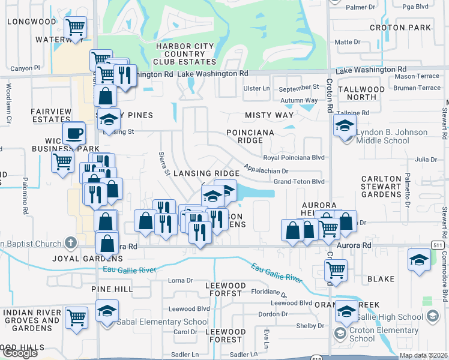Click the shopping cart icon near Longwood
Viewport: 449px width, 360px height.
(75, 27)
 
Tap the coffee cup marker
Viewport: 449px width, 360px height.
(74, 133)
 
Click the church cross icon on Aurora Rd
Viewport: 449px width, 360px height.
(71, 243)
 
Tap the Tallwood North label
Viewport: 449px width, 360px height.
(361, 93)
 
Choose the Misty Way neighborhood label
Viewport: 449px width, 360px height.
(269, 115)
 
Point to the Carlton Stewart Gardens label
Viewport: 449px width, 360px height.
(381, 187)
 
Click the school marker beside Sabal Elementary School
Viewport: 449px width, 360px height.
(107, 311)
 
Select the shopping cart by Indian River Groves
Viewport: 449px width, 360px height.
(76, 317)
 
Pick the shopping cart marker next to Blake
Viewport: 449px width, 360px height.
(336, 271)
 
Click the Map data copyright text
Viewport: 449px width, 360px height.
(423, 355)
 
